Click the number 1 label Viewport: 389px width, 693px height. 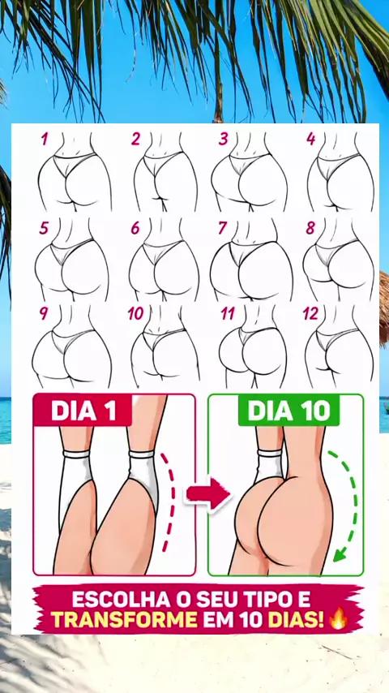tap(44, 139)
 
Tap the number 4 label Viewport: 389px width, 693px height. tap(311, 139)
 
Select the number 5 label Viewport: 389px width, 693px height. tap(44, 228)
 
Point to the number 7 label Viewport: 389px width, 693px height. tap(223, 228)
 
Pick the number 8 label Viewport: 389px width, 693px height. tap(311, 228)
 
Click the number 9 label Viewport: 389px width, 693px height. tap(44, 313)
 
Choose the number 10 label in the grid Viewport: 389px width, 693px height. tap(136, 313)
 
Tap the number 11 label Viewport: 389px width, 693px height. tap(228, 313)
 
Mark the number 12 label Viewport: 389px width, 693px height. tap(310, 313)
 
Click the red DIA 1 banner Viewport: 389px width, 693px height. tap(83, 410)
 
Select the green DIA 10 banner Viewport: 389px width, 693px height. tap(289, 411)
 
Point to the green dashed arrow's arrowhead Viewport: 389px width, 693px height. tap(340, 553)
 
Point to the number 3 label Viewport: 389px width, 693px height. tap(223, 139)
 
